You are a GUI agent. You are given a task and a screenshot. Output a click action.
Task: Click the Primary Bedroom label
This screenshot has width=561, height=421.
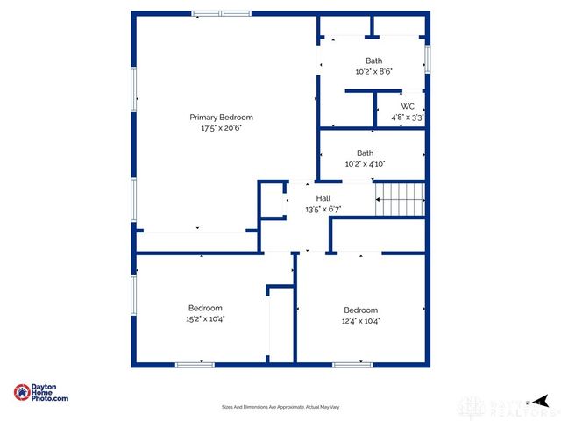(221, 117)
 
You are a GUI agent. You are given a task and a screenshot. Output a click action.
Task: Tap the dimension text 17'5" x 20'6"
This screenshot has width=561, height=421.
(221, 128)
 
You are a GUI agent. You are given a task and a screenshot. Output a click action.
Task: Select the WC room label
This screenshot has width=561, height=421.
(408, 106)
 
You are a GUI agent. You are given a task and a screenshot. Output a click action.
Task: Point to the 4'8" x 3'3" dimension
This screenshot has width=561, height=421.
(408, 117)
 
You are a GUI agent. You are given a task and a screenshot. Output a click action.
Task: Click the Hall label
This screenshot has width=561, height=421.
(323, 199)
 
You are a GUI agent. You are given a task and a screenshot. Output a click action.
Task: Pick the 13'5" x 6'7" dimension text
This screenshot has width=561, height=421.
(323, 210)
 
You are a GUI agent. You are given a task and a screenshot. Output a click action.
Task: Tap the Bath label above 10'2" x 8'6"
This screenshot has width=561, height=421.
(373, 61)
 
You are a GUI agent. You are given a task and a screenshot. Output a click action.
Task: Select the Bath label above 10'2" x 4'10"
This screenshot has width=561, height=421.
(365, 153)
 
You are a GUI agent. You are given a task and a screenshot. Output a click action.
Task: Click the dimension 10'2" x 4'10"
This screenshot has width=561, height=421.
(365, 163)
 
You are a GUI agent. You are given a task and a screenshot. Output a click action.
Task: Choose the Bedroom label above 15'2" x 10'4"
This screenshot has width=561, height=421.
(205, 308)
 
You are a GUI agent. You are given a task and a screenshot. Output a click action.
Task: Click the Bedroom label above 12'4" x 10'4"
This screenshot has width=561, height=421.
(360, 310)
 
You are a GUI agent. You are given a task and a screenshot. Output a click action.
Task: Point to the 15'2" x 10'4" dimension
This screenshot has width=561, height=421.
(205, 318)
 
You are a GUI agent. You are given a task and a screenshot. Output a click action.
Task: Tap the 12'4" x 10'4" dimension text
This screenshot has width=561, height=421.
(360, 320)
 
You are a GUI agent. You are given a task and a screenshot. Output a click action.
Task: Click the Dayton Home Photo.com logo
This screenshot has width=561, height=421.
(41, 394)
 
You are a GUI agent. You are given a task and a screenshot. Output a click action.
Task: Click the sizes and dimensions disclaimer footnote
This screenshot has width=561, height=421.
(280, 408)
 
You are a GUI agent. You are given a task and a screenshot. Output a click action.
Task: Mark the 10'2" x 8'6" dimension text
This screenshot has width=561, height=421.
(373, 71)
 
